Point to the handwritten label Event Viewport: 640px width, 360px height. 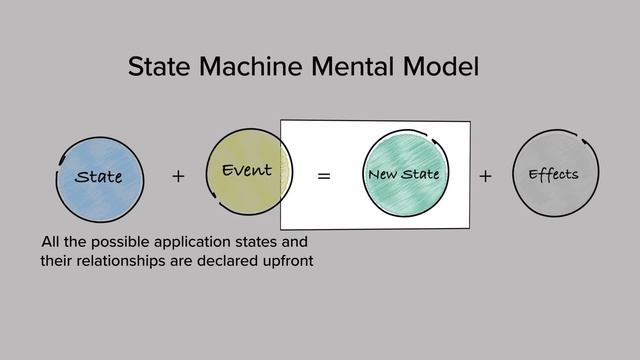click(246, 170)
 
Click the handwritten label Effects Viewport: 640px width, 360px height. click(553, 175)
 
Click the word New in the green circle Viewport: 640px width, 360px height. click(382, 175)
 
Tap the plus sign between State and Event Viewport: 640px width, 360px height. click(178, 177)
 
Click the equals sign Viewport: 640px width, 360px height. click(323, 176)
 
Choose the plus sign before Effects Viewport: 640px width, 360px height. click(485, 176)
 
